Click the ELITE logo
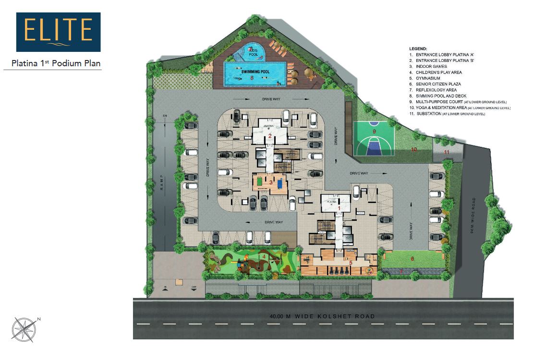58,32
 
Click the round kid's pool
253,52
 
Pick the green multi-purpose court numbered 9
374,138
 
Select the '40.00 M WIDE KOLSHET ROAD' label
323,316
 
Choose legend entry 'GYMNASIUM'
431,78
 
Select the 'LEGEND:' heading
417,49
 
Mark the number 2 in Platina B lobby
270,136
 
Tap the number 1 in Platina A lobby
339,208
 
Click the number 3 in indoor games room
271,182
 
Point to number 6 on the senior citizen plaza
412,259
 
